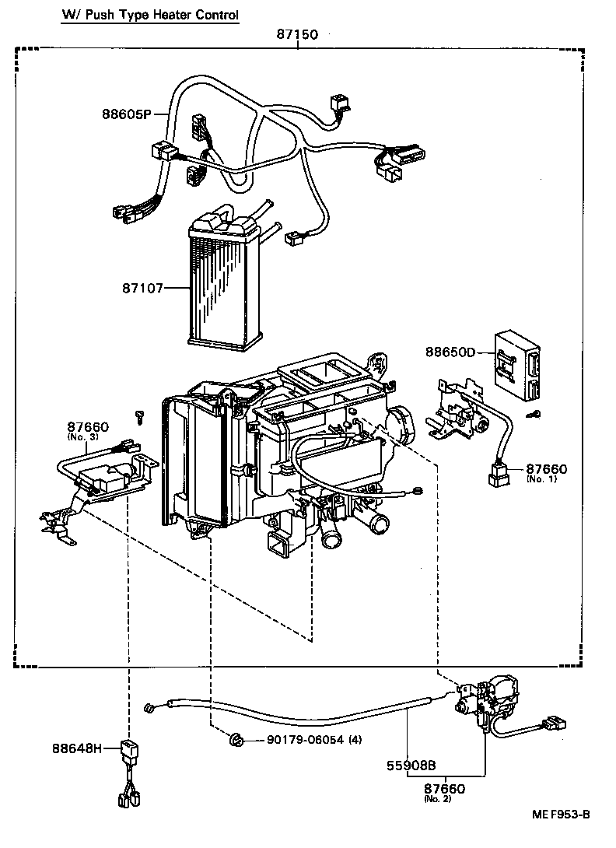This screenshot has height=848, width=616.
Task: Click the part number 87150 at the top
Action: [x=298, y=34]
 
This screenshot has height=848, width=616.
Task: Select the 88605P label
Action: [x=125, y=114]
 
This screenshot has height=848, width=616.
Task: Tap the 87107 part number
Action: [x=142, y=288]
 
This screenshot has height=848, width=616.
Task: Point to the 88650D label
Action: [x=450, y=352]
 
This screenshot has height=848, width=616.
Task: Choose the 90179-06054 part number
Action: [x=298, y=739]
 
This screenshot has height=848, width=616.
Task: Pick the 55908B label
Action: [x=411, y=766]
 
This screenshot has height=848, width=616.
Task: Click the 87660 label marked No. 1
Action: [x=547, y=469]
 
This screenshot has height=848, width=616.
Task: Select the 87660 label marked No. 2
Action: [x=444, y=789]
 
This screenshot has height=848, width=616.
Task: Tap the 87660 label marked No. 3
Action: [x=87, y=427]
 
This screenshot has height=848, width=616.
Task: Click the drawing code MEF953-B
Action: [x=561, y=815]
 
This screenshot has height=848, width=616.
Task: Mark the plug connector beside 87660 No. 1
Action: [x=499, y=474]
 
